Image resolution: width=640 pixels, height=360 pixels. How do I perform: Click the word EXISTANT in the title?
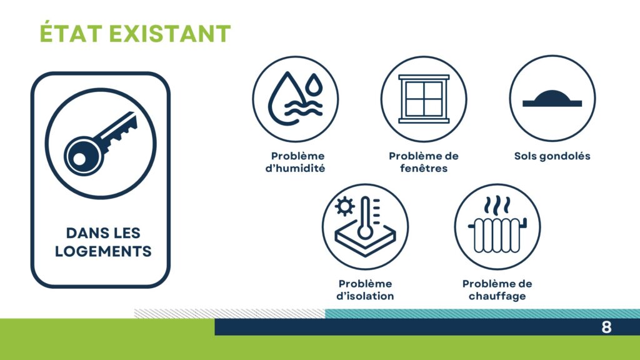(170, 33)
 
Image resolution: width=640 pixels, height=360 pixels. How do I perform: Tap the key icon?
(101, 143)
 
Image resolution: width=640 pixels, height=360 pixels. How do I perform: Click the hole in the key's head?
(79, 159)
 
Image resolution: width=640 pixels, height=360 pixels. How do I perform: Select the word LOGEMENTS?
(103, 251)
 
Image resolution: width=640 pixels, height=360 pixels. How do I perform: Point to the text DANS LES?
(103, 233)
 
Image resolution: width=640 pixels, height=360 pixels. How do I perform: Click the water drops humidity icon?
(295, 99)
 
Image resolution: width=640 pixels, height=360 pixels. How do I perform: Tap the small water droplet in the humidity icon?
(314, 84)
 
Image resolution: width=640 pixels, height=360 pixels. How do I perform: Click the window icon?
(424, 99)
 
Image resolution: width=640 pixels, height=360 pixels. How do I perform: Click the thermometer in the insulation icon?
(365, 218)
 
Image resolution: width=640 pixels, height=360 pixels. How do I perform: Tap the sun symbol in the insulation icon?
(345, 206)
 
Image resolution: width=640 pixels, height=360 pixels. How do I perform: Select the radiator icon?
(497, 235)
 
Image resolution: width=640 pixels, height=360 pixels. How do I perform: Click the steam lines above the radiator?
(497, 206)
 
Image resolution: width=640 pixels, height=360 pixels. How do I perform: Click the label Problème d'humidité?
(295, 162)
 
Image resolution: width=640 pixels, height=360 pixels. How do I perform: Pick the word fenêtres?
(424, 168)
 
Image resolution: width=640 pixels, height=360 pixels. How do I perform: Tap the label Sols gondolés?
(552, 156)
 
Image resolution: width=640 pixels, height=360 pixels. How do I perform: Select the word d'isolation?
(365, 296)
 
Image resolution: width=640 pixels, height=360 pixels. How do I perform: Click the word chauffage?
(497, 296)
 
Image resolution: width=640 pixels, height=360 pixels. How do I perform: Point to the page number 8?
(606, 327)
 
